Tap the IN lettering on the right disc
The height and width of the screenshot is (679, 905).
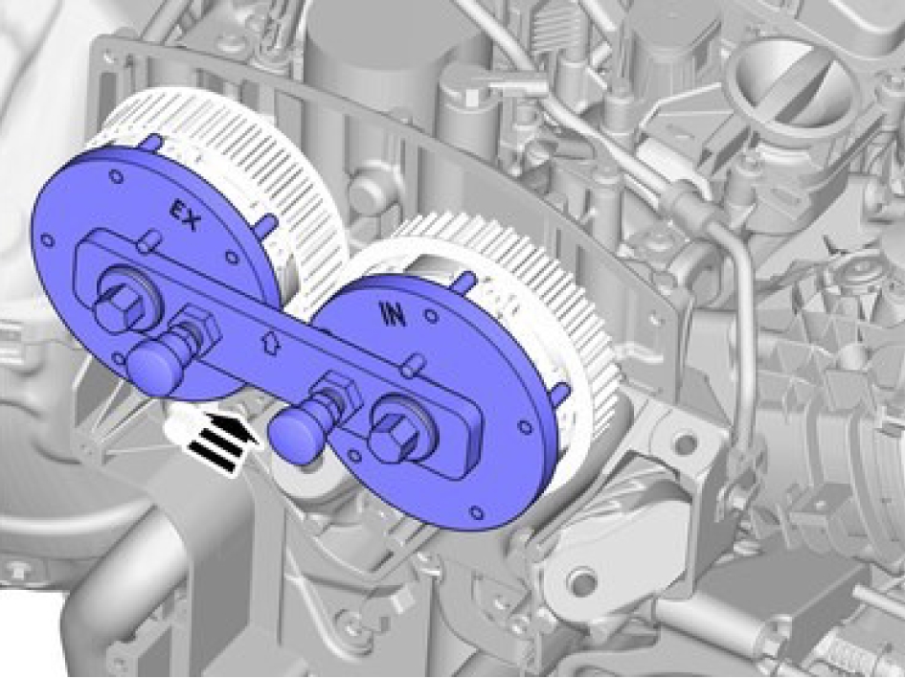click(x=393, y=316)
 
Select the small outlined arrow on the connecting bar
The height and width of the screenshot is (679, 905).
click(x=270, y=342)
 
